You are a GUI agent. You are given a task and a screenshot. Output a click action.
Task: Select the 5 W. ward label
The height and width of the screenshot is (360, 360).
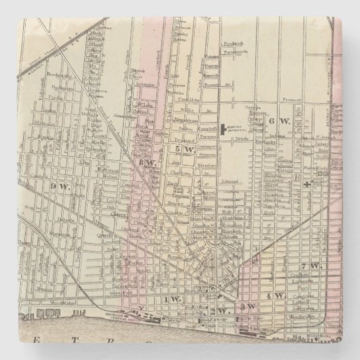[180, 149]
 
